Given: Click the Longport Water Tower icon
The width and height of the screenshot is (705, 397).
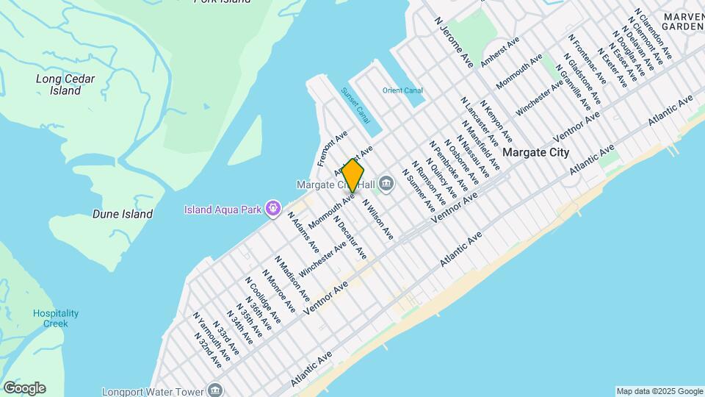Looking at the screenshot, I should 215,389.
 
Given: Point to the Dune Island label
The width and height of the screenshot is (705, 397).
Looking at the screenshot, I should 123,215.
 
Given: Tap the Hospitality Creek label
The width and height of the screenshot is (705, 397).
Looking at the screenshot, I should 55,318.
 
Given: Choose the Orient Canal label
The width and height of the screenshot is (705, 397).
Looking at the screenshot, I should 402,90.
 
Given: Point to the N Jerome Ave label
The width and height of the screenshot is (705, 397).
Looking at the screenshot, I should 455,44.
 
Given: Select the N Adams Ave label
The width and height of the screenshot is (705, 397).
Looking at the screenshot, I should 303,232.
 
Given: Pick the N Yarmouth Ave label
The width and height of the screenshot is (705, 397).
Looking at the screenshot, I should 207,336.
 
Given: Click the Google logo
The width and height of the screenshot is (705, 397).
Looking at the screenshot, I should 24,388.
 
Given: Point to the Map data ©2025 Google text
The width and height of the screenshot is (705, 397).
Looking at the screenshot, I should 659,391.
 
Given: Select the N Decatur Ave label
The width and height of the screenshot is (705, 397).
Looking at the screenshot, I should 350,237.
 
